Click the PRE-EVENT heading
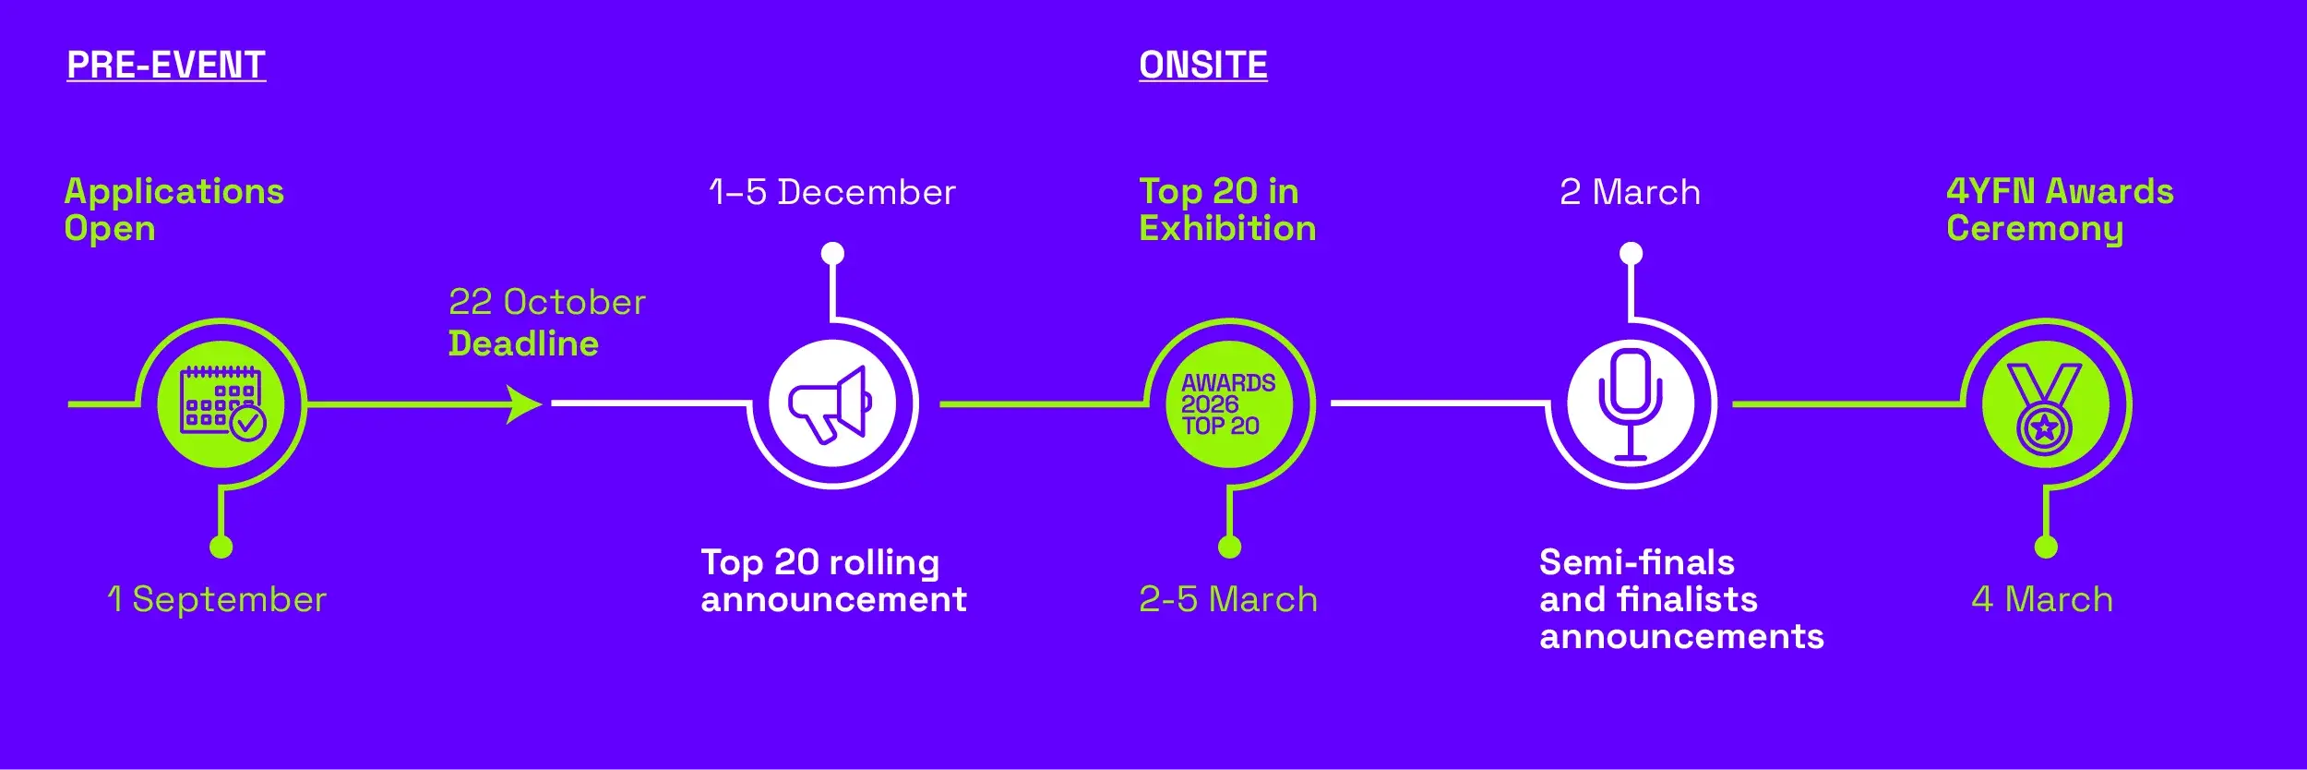[166, 66]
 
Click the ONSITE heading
[1203, 66]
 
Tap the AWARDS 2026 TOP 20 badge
[1228, 404]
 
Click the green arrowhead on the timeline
[524, 404]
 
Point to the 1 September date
[217, 600]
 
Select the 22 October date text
[547, 303]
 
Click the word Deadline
[523, 343]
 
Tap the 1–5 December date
[832, 192]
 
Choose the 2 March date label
[1631, 192]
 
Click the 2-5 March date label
[1228, 600]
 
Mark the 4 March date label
[2042, 600]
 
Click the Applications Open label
[173, 210]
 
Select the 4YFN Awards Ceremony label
[2060, 210]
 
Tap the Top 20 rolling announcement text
[833, 581]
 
